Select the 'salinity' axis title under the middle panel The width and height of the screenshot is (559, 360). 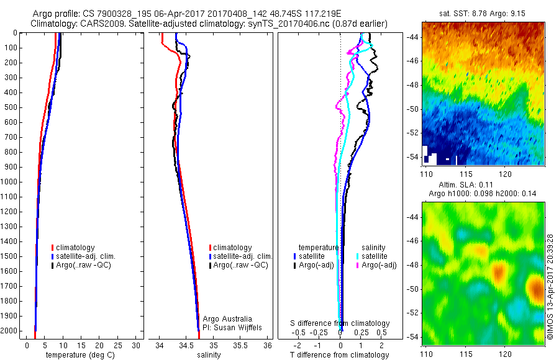coord(209,355)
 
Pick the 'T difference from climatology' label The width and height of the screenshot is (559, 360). coord(340,355)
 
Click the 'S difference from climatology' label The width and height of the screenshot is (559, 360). coord(340,323)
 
